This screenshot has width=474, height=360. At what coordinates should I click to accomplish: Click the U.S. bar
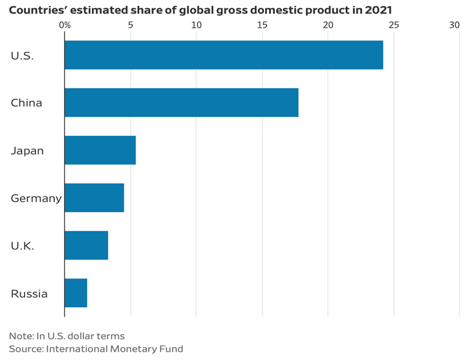pos(224,55)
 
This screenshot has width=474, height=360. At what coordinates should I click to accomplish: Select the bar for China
pos(182,102)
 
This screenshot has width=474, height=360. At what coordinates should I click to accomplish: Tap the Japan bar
pos(100,150)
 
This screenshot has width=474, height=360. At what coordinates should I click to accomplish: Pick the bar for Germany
pos(94,198)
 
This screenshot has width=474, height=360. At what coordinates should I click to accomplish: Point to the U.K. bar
pos(87,246)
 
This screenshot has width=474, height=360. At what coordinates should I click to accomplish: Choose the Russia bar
pos(76,293)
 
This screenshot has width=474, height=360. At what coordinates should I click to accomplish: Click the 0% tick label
pos(65,25)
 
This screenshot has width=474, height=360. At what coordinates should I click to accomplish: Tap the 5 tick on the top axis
pos(131,25)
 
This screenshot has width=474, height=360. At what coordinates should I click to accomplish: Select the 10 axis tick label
pos(196,25)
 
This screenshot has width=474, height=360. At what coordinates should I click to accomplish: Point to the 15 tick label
pos(262,25)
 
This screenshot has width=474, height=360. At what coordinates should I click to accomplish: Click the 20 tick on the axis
pos(328,25)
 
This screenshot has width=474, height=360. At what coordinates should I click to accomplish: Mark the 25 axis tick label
pos(393,25)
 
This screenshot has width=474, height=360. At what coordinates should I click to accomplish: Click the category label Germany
pos(36,198)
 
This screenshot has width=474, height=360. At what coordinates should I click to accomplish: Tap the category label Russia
pos(29,294)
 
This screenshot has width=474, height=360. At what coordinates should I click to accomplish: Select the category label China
pos(27,103)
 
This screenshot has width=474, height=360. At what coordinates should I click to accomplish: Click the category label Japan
pos(27,151)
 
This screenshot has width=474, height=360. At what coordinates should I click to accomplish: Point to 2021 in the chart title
pos(378,10)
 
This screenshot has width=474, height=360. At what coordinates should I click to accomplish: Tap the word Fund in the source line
pos(171,349)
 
